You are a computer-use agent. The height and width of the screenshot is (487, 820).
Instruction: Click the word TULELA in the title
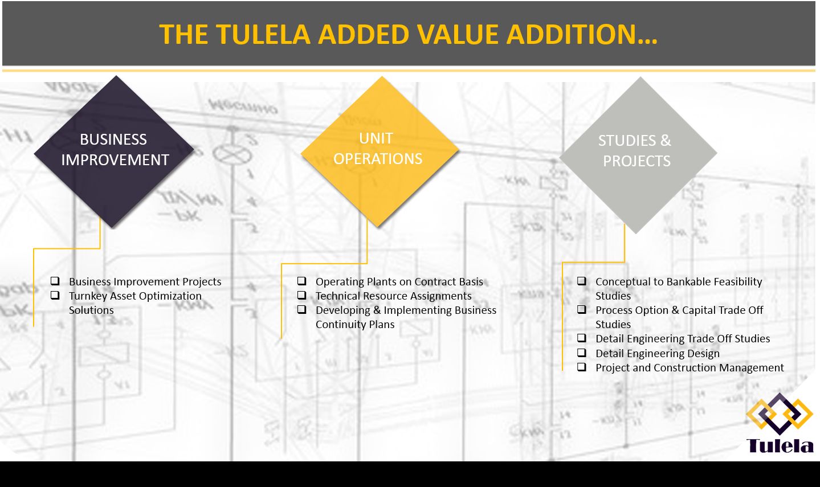click(263, 34)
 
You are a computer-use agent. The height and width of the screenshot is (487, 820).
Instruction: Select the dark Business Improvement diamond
click(114, 151)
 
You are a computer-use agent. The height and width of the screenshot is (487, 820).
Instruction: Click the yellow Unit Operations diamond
click(380, 150)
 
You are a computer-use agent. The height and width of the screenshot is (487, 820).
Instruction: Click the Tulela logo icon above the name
click(779, 414)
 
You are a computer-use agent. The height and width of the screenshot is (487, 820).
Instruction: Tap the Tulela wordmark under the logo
click(780, 445)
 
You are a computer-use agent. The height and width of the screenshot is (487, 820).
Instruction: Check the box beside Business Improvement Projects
click(55, 281)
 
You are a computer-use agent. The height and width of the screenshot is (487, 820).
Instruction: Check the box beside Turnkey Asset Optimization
click(55, 295)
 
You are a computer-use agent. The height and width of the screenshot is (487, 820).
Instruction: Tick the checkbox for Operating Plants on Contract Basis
click(301, 281)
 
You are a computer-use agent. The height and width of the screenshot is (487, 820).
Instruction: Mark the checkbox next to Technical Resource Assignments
click(301, 295)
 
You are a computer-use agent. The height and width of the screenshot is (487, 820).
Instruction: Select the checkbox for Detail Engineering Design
click(581, 353)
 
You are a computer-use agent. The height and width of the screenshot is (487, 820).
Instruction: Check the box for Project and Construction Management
click(581, 367)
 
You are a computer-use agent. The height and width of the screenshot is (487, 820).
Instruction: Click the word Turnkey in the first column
click(88, 296)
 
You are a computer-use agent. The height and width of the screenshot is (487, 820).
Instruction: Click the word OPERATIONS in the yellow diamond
click(378, 159)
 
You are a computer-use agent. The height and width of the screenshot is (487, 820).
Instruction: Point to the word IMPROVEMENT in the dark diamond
click(115, 160)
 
